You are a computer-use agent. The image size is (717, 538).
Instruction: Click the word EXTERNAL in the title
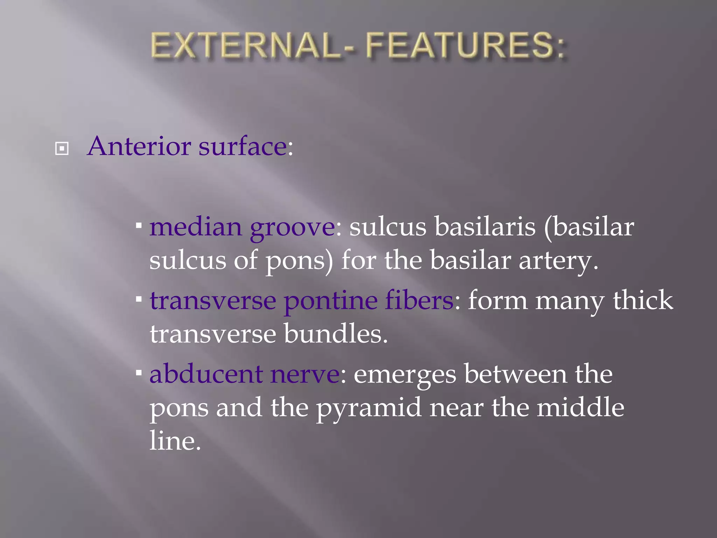pyautogui.click(x=245, y=46)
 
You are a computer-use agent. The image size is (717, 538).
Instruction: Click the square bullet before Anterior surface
pyautogui.click(x=62, y=149)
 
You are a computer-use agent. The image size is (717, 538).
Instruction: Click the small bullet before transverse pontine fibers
pyautogui.click(x=139, y=299)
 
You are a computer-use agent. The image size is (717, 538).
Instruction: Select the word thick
pyautogui.click(x=642, y=300)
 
